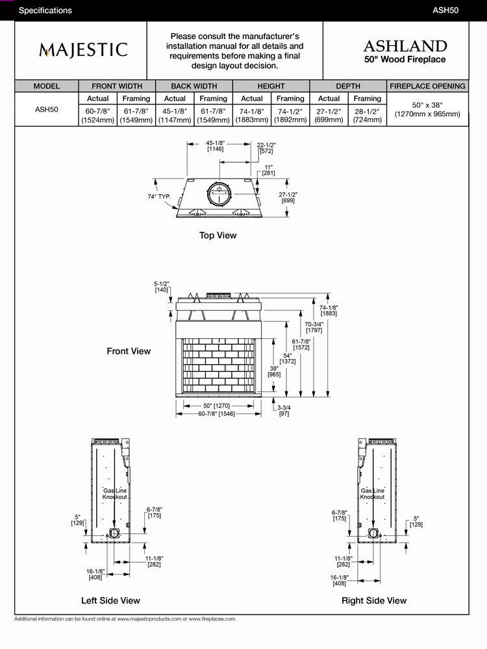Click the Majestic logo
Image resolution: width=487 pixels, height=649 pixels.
(x=83, y=50)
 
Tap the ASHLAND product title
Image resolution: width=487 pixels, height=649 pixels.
(x=405, y=46)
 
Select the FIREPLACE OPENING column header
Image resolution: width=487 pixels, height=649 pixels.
(x=427, y=86)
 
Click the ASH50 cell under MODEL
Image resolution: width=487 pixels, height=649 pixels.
(x=47, y=110)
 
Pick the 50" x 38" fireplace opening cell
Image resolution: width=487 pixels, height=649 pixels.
(x=427, y=109)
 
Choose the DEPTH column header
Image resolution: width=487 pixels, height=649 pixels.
(x=348, y=86)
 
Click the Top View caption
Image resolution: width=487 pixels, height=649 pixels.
(x=218, y=236)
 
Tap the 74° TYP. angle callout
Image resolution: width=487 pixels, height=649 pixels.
(x=158, y=196)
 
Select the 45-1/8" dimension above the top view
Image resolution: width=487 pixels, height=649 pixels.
(x=216, y=146)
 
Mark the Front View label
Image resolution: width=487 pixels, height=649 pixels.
(x=129, y=351)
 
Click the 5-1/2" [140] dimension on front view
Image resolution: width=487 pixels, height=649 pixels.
(x=162, y=287)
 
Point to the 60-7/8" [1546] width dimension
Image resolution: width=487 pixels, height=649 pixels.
(x=218, y=413)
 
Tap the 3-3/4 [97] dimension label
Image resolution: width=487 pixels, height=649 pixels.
(x=284, y=411)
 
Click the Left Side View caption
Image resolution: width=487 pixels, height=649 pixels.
(x=110, y=600)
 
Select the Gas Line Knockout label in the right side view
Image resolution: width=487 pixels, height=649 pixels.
(x=373, y=494)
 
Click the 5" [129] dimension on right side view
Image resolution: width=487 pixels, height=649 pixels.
(x=416, y=521)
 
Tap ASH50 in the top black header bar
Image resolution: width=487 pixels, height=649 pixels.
(x=446, y=10)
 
